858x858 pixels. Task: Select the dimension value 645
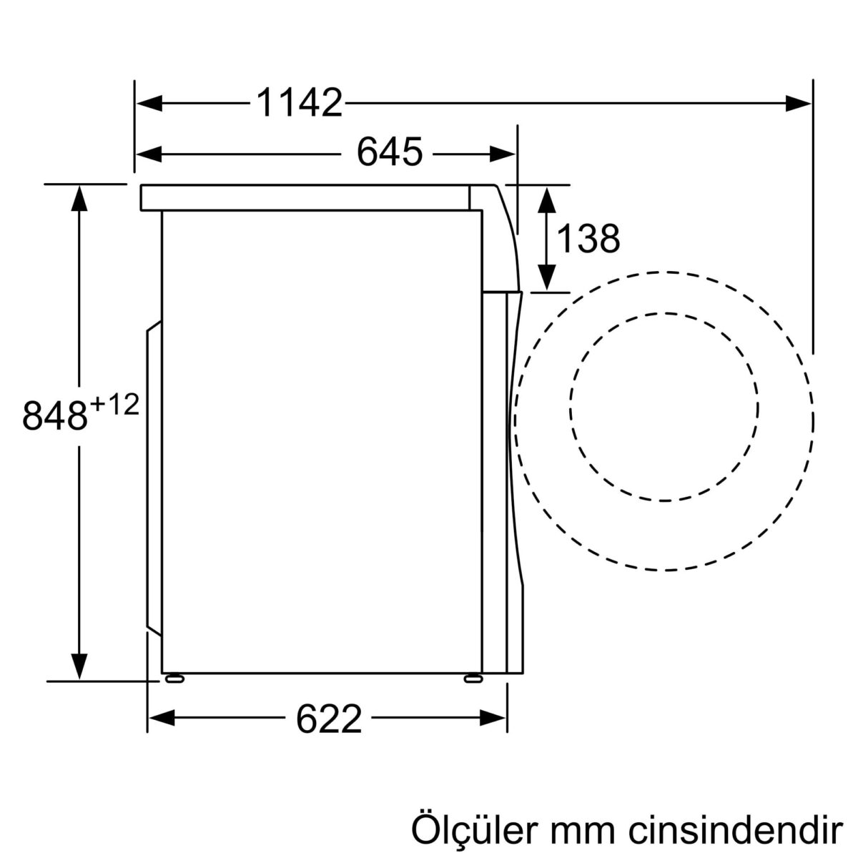click(x=390, y=152)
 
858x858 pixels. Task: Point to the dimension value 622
click(x=329, y=719)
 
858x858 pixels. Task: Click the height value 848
click(x=54, y=416)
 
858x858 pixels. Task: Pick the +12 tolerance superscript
click(x=113, y=405)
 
